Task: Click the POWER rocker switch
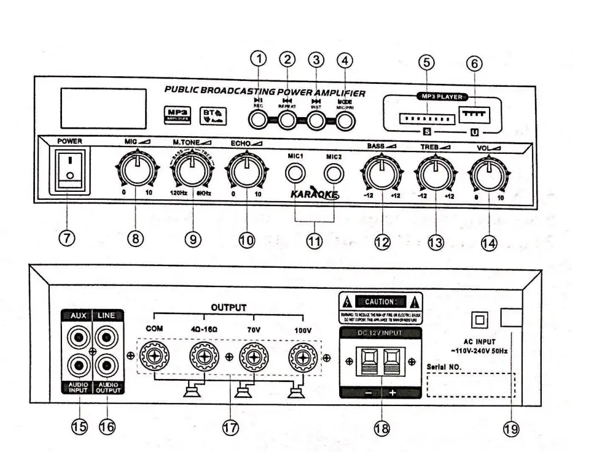coord(69,169)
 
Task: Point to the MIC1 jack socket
coord(297,172)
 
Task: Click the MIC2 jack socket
coord(333,172)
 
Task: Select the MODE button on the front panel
coord(344,119)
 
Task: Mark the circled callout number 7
coord(67,238)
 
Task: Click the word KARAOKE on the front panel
coord(313,194)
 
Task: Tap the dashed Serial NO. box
coord(471,385)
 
